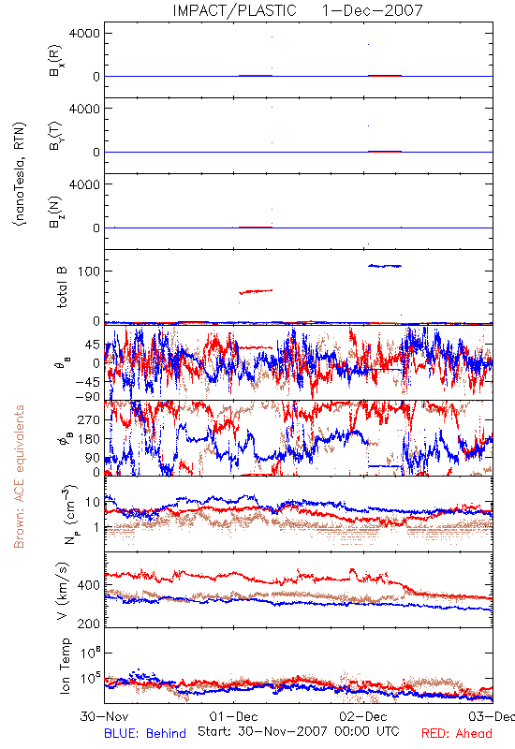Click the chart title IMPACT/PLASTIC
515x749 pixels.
(x=234, y=10)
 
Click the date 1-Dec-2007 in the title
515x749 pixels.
(x=372, y=10)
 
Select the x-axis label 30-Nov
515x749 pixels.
(x=105, y=716)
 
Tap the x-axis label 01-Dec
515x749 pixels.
(x=233, y=716)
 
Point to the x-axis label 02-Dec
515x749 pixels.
(x=363, y=716)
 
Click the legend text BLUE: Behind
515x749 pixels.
(x=145, y=733)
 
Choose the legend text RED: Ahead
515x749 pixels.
(x=457, y=733)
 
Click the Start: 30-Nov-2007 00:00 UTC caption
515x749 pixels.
(x=298, y=731)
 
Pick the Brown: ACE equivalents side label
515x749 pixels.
(x=19, y=477)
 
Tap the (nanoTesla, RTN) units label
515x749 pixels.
(x=20, y=174)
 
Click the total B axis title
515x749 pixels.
(x=62, y=287)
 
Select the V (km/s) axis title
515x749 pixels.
(x=63, y=591)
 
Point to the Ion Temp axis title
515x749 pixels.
(x=65, y=666)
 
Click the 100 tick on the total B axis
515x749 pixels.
(x=89, y=272)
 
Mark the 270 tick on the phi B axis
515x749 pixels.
(x=89, y=419)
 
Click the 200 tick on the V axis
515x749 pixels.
(x=89, y=624)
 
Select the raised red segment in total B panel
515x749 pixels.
(x=256, y=291)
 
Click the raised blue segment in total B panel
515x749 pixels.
(x=385, y=266)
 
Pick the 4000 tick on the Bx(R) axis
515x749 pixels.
(x=84, y=34)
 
